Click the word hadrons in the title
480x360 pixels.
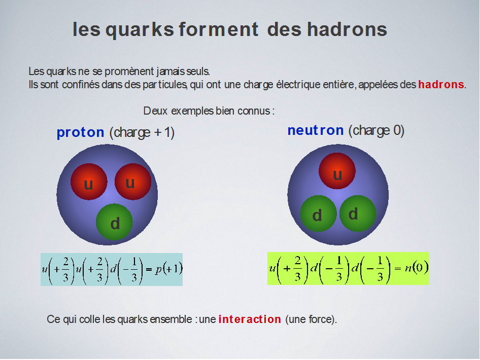[x=347, y=29]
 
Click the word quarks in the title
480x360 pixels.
[x=140, y=30]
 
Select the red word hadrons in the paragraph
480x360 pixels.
[x=441, y=84]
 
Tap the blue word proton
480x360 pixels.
[x=81, y=132]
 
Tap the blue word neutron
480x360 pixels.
[x=316, y=130]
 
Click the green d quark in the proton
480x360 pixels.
[x=114, y=222]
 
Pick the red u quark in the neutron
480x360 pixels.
[x=337, y=171]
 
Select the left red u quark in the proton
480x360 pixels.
[x=89, y=182]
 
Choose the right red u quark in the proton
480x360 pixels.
[x=133, y=182]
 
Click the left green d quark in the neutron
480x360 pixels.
[x=318, y=213]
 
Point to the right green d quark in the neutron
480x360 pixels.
[x=358, y=213]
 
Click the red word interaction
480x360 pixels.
[x=250, y=319]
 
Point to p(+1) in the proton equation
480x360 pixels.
[x=169, y=269]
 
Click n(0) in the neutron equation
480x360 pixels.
[x=417, y=268]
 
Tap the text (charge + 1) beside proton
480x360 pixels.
[x=142, y=132]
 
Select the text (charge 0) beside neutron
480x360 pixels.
[x=376, y=131]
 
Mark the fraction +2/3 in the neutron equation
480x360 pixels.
[x=292, y=269]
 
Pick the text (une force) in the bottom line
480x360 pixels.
[x=310, y=319]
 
